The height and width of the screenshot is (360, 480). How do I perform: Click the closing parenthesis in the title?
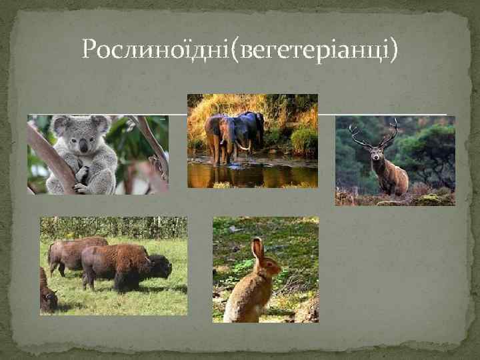(393, 48)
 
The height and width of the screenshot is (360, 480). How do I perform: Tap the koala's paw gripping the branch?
(81, 175)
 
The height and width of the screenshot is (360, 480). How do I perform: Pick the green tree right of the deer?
(433, 150)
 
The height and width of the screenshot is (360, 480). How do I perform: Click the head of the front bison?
(160, 267)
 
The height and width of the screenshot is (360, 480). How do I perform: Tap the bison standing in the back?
(73, 253)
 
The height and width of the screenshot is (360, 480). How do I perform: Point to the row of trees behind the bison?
(113, 227)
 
